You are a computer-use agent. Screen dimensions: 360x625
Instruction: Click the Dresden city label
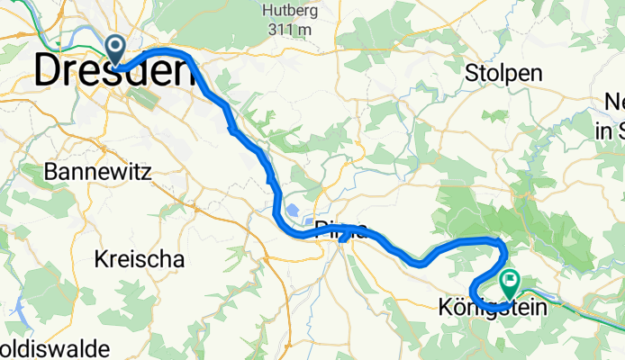coord(114,72)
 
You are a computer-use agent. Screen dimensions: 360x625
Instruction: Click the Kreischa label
coord(139,259)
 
